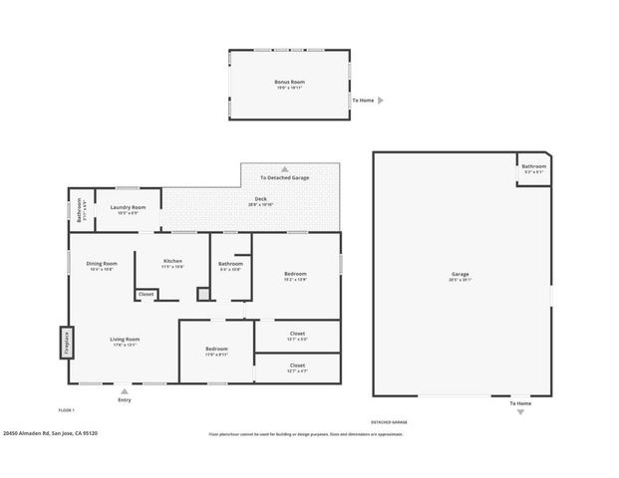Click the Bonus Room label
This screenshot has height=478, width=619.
pos(289,82)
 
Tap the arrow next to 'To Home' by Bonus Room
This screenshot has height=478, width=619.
pos(381,101)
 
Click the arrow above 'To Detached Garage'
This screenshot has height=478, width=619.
pos(284,169)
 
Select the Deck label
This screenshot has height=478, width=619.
pos(260,201)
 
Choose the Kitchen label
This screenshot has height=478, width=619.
pos(173,261)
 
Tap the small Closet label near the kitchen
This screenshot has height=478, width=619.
pos(146,295)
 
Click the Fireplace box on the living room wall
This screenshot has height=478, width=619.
pos(68,343)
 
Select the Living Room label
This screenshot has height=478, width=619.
pos(125,340)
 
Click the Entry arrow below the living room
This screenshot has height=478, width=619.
pos(125,390)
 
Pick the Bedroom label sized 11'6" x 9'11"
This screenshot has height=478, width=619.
pos(216,350)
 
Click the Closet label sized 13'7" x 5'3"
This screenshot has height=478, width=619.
pos(297,334)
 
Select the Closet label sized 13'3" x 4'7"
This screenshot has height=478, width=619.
pos(297,365)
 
